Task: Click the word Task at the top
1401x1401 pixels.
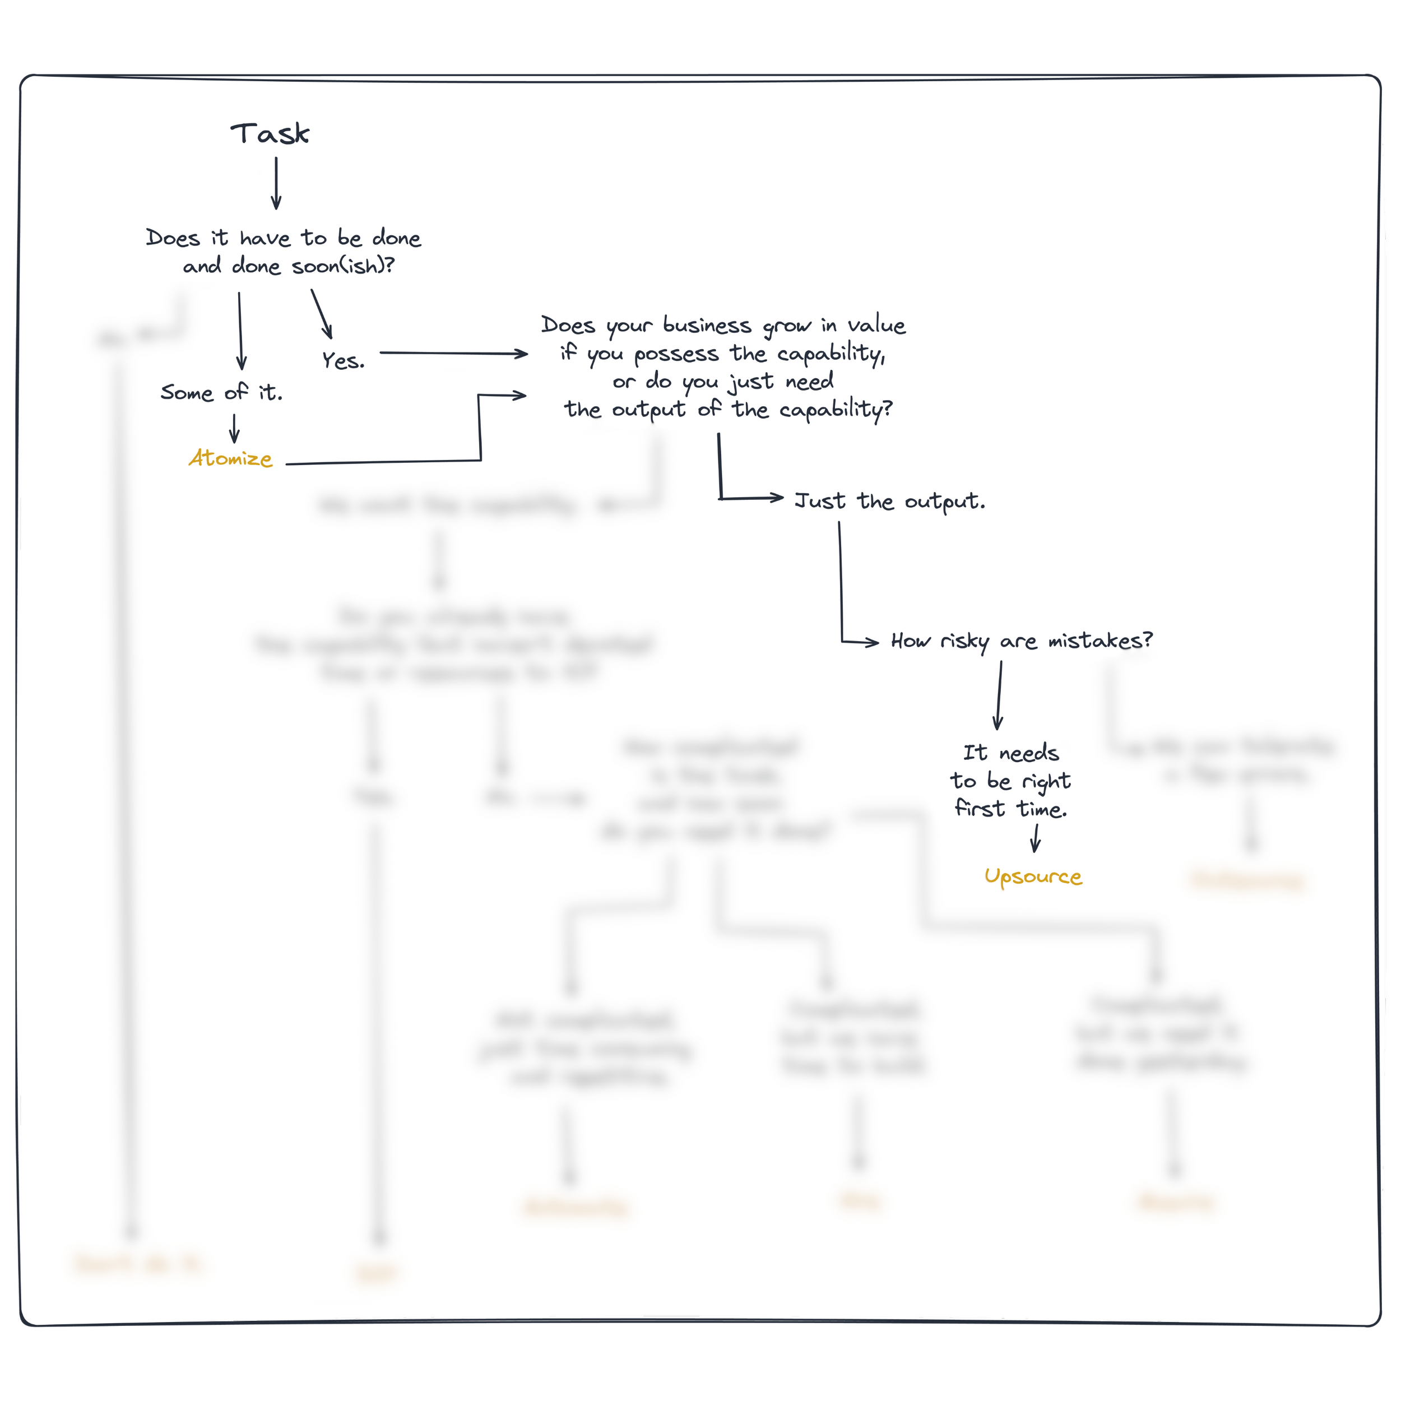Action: [270, 134]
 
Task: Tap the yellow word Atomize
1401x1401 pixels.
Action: [230, 458]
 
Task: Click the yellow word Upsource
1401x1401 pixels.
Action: [1033, 876]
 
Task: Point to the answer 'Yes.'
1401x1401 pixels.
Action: [343, 360]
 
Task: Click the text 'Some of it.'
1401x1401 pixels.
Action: [221, 392]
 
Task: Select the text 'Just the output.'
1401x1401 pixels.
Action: [890, 501]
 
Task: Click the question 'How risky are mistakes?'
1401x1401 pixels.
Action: [1021, 641]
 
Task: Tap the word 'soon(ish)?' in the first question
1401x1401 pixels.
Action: [343, 266]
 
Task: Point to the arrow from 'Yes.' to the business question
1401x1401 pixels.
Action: [453, 353]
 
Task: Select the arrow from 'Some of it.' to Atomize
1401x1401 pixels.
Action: [234, 428]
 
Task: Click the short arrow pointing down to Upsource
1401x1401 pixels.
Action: [1036, 838]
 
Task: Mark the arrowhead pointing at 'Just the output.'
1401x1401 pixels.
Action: [777, 498]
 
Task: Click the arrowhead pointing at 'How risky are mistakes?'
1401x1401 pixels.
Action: [873, 642]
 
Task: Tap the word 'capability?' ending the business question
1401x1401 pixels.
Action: [836, 410]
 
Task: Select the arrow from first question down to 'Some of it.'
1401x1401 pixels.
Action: [240, 330]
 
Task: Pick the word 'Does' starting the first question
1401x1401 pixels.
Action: [173, 238]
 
